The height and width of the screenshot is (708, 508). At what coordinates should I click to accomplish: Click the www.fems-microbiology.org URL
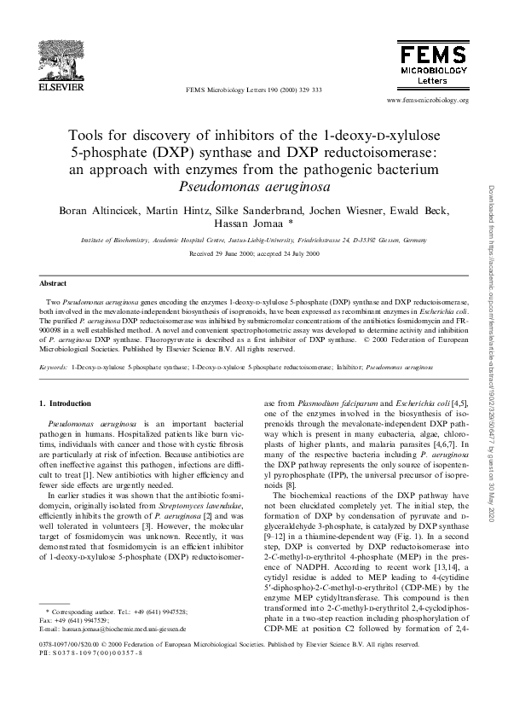point(427,100)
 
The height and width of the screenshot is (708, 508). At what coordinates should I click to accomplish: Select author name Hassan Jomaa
point(248,224)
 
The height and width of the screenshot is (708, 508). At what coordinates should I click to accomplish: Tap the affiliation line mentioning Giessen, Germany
point(253,241)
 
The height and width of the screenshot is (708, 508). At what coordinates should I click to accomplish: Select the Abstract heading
point(55,282)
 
